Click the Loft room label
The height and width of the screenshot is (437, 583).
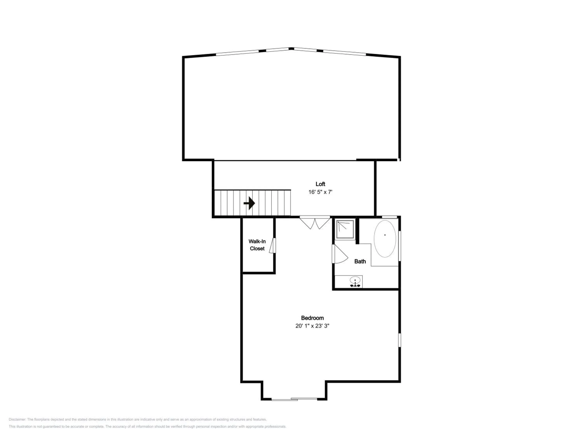click(320, 184)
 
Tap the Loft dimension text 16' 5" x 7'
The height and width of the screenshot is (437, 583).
click(320, 192)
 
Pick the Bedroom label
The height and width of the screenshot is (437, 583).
click(312, 318)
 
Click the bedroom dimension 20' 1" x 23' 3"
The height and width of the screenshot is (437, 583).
click(312, 326)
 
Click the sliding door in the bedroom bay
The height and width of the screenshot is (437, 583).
click(294, 399)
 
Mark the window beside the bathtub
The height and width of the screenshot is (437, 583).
click(399, 246)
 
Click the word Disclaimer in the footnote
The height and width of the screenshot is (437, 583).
click(17, 419)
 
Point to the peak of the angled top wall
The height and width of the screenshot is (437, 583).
click(291, 49)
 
